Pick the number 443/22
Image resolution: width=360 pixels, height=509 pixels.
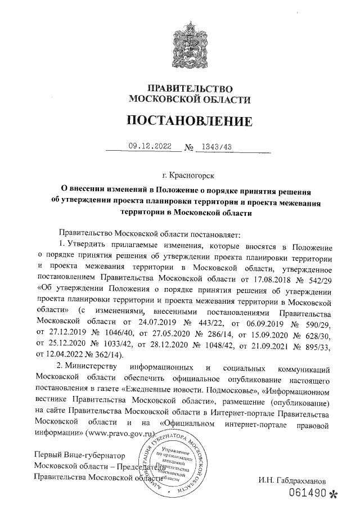point(215,320)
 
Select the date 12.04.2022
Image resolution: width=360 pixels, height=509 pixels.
point(65,353)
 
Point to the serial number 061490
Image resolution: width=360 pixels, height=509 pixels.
point(308,495)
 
